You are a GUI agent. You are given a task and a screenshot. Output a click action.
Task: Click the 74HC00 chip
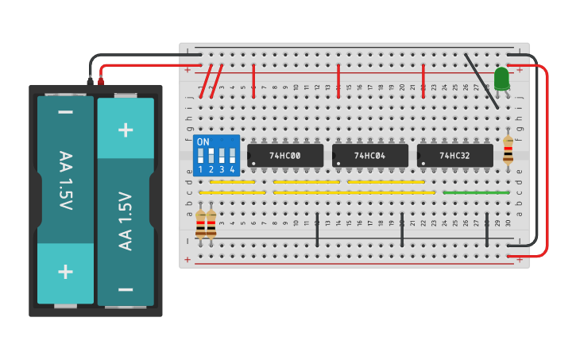[285, 156]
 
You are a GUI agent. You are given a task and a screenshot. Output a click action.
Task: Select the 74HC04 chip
[370, 156]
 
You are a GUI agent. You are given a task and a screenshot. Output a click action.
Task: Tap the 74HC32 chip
[454, 156]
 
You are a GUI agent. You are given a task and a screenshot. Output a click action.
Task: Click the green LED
[501, 78]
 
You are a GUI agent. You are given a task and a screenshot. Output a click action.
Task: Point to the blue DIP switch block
[216, 155]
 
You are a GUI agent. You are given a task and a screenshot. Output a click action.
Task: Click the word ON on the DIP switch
[203, 142]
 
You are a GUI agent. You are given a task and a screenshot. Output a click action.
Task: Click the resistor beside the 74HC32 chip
[508, 149]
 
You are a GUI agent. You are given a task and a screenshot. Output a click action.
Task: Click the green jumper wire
[476, 192]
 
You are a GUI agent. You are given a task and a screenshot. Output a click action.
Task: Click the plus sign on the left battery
[65, 272]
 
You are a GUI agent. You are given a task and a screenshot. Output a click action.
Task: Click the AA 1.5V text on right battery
[126, 220]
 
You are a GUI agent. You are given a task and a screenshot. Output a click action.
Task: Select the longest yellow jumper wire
[354, 192]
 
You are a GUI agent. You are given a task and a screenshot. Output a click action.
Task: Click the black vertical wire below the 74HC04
[402, 230]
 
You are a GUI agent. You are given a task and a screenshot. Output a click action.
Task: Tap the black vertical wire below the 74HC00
[317, 230]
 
